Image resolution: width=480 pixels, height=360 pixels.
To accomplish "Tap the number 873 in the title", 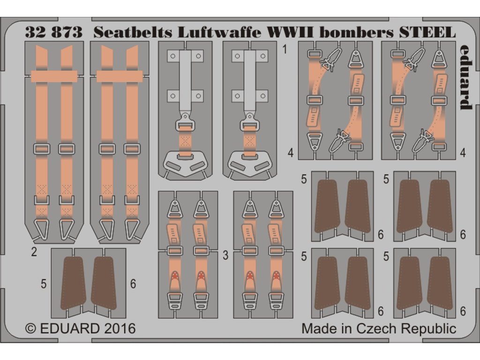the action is pyautogui.click(x=67, y=32).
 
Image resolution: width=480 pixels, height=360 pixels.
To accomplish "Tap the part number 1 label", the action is pyautogui.click(x=285, y=49).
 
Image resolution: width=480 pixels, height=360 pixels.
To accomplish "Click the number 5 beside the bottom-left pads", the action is pyautogui.click(x=44, y=284).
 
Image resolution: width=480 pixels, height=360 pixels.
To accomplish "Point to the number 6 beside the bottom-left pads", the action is pyautogui.click(x=134, y=284).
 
